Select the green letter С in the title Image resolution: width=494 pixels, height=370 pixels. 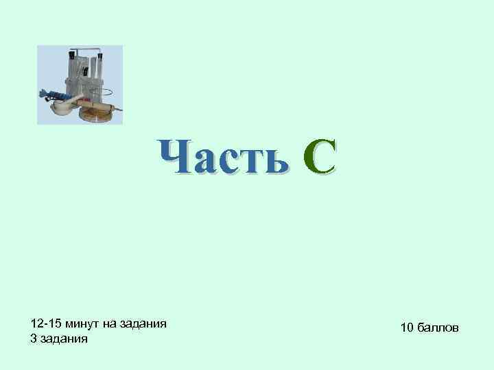tap(320, 157)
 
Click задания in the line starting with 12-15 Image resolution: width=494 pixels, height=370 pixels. tap(145, 323)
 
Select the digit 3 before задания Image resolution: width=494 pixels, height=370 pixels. tap(34, 338)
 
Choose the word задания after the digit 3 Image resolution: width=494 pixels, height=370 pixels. tap(64, 338)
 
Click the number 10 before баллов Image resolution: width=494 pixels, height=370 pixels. tap(406, 329)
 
